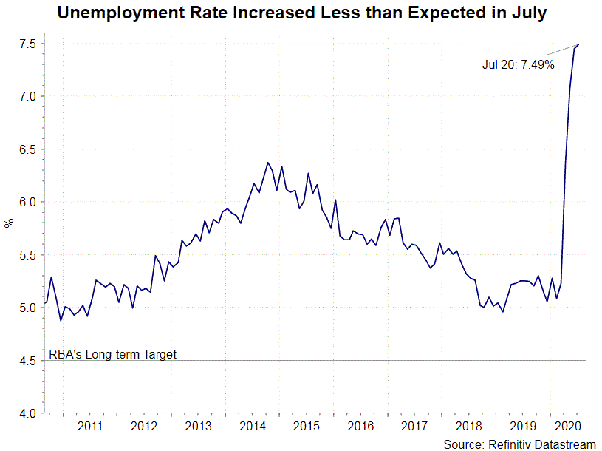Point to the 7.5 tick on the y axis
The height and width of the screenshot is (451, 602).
click(x=27, y=44)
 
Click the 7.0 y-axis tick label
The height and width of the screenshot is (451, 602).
click(x=27, y=97)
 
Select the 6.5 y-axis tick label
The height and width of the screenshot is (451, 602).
click(x=27, y=149)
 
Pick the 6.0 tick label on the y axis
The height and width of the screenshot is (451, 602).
click(x=27, y=202)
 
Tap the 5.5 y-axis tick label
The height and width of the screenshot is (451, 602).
click(x=27, y=255)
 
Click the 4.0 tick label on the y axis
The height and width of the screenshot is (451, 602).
click(x=27, y=413)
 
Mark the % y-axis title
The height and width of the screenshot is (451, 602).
click(x=9, y=223)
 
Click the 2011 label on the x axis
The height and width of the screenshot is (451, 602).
click(x=89, y=426)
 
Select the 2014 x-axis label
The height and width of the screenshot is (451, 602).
click(x=253, y=426)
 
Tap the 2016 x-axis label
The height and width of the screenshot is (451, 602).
click(x=360, y=426)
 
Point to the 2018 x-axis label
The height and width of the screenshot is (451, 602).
click(x=469, y=426)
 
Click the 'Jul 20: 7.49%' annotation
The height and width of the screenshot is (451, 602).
click(x=518, y=64)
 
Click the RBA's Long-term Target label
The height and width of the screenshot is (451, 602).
click(x=113, y=354)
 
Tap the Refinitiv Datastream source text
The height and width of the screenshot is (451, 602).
click(x=519, y=444)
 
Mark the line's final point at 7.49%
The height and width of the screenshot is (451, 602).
click(x=578, y=45)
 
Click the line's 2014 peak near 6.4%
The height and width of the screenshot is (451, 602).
click(x=267, y=163)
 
